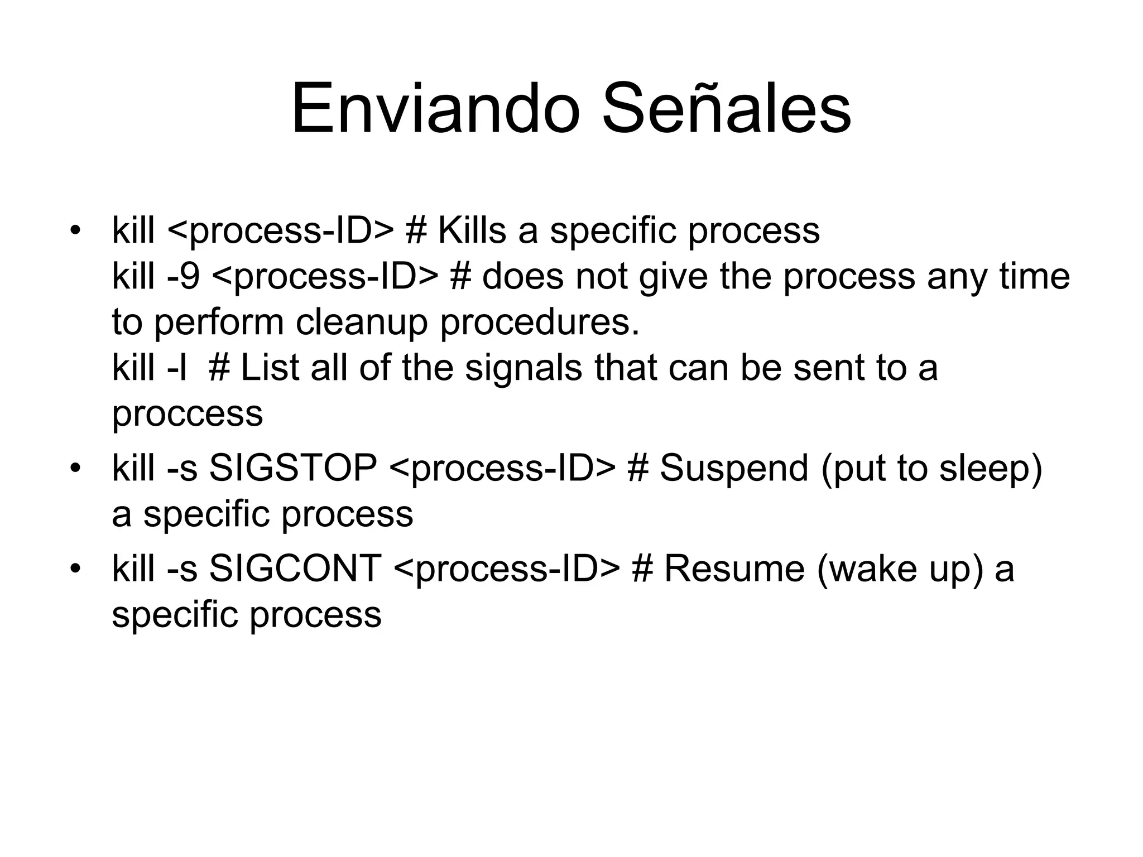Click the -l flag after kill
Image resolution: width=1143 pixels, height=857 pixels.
pos(177,368)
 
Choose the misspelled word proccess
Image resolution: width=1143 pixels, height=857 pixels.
pos(188,413)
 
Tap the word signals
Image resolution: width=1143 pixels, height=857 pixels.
pos(524,368)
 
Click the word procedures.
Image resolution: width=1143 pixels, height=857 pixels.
pos(540,322)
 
